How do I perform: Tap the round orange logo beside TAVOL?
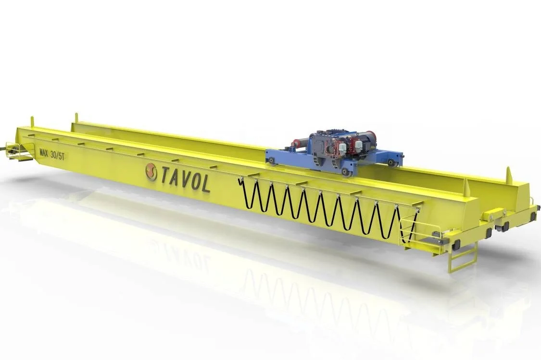(x=151, y=172)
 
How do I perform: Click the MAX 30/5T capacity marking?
(x=52, y=154)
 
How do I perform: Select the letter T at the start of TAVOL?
(x=165, y=174)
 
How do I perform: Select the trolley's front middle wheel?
(x=345, y=171)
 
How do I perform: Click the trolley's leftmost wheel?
(x=273, y=161)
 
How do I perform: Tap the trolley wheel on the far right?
(x=391, y=163)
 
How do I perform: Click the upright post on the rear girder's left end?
(x=76, y=118)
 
